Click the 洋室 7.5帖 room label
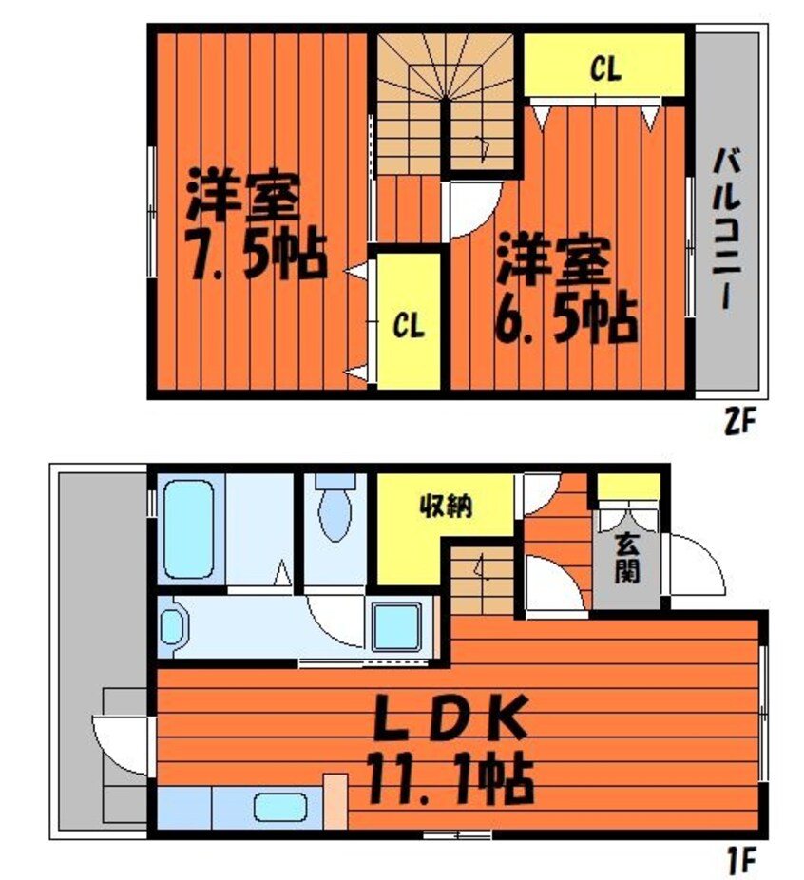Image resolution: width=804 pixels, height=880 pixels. tap(255, 225)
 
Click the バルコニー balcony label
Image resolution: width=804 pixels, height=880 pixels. tap(727, 229)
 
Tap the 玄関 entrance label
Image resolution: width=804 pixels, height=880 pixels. tap(625, 560)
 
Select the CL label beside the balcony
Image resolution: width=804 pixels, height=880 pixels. tap(605, 68)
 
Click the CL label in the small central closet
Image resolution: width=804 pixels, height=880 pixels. tap(410, 326)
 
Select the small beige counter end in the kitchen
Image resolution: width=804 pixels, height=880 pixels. tap(335, 802)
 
